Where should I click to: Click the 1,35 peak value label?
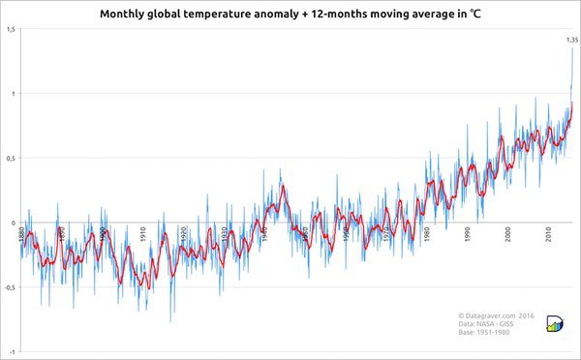pos(571,40)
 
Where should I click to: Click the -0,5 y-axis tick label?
pos(9,286)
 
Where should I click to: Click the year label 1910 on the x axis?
pos(143,232)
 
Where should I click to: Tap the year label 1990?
pos(468,232)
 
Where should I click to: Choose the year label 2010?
pos(549,232)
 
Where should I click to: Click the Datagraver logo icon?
pos(557,324)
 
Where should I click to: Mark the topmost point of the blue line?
pos(572,48)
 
